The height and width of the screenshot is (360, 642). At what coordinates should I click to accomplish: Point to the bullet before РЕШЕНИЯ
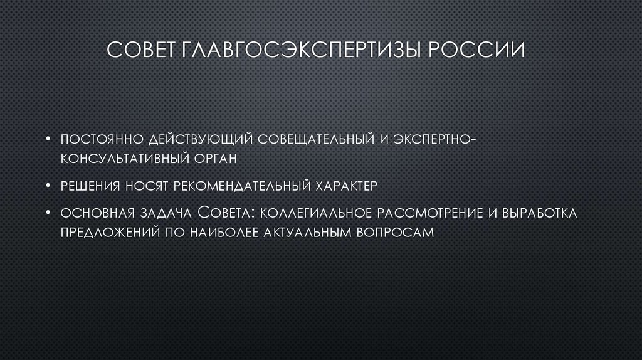(x=48, y=186)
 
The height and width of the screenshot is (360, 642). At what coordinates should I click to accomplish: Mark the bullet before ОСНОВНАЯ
(x=48, y=213)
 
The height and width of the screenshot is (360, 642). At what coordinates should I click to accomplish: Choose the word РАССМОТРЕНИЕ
(x=427, y=213)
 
